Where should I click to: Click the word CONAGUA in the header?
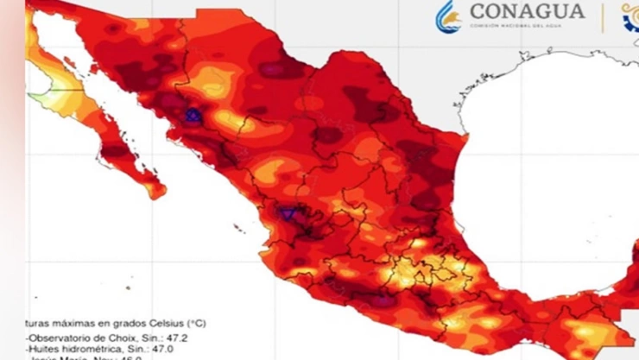tap(526, 11)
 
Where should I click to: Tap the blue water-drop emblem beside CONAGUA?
tap(447, 16)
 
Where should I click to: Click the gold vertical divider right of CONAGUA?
tap(602, 17)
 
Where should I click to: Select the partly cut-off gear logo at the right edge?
tap(631, 17)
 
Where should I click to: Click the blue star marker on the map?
tap(193, 114)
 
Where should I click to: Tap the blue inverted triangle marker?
tap(288, 213)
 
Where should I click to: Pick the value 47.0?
tap(161, 349)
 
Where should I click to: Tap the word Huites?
tap(42, 349)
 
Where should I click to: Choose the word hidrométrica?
tap(91, 349)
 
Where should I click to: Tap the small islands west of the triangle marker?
tap(237, 227)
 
